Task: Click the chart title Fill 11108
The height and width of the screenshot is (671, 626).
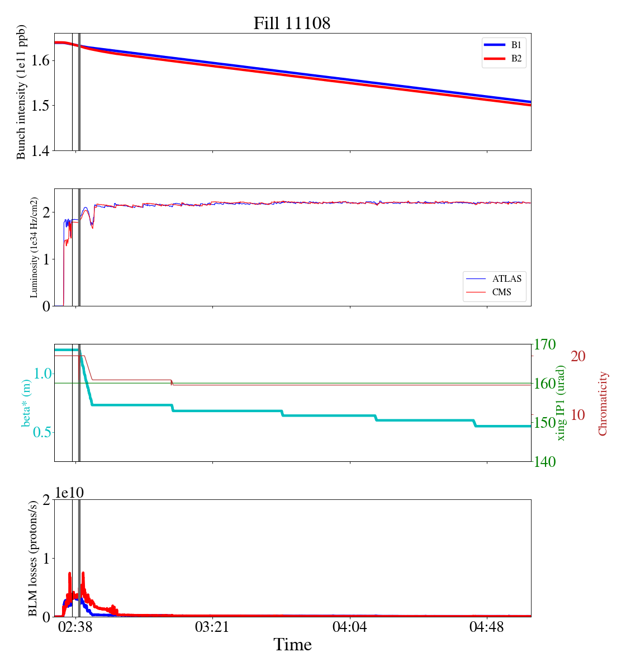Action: (292, 23)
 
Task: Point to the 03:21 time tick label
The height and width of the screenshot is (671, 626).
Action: (212, 627)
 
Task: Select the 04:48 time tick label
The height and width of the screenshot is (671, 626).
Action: (487, 627)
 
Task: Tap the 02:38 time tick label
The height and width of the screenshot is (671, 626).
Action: (75, 627)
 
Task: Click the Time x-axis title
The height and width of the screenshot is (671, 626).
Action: (292, 645)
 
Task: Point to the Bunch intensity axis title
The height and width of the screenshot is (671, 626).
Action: (21, 92)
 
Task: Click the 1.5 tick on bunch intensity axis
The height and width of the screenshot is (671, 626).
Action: (39, 106)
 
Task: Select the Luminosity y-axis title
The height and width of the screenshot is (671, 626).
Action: (34, 247)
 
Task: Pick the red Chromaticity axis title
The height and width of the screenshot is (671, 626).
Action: (603, 403)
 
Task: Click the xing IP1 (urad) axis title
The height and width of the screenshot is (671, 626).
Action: (561, 403)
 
